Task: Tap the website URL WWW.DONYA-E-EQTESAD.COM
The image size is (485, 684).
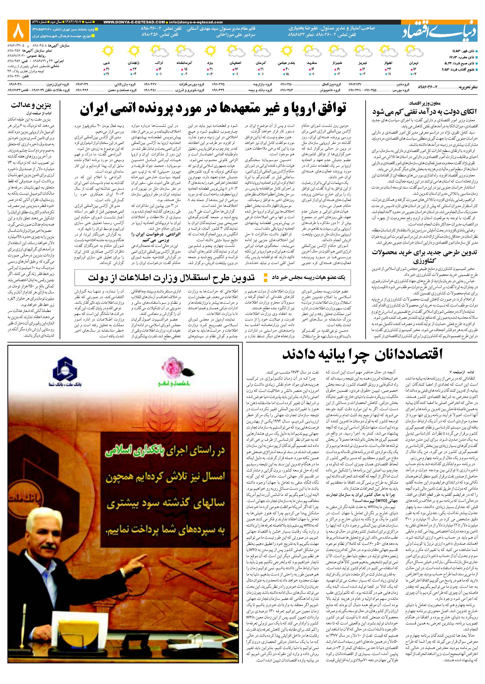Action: pos(134,22)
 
